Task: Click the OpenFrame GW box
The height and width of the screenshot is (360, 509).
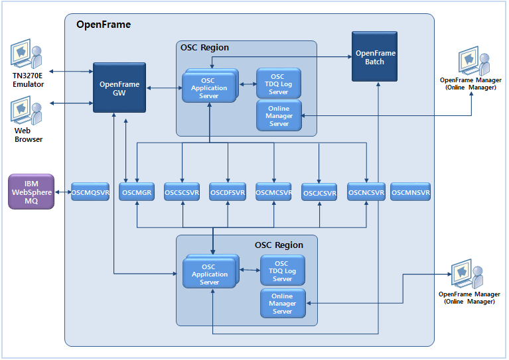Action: pos(119,88)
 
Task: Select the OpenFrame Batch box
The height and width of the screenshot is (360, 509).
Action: pos(374,57)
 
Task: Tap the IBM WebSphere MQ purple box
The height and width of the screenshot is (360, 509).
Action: pos(31,192)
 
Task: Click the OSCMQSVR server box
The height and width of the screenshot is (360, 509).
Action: pos(90,193)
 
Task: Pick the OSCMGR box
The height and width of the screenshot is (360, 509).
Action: pos(136,193)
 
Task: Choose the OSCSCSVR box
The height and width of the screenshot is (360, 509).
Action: pos(182,193)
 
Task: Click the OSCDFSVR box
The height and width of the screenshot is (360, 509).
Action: pos(228,193)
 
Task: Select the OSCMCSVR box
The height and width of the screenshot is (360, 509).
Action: pos(274,193)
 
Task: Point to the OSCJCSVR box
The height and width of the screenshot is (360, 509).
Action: pos(319,194)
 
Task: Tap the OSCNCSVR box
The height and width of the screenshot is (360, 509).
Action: pos(366,193)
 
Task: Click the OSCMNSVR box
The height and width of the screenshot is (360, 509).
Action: pos(411,193)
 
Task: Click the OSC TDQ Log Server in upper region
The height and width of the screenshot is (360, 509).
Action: pos(278,84)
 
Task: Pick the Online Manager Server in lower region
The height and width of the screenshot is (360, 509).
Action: pos(282,304)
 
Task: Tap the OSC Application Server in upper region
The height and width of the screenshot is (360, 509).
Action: pos(208,88)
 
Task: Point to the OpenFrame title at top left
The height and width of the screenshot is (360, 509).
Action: pos(104,25)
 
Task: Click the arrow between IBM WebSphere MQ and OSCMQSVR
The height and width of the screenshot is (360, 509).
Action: pos(62,193)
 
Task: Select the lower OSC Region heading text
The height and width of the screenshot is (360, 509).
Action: pos(279,245)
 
